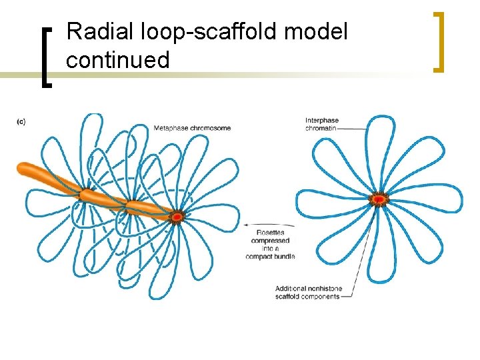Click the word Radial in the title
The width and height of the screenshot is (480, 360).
(97, 32)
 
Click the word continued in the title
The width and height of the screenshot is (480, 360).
(118, 61)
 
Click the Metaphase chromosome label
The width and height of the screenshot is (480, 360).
(192, 128)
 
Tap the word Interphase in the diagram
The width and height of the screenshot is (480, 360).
(322, 121)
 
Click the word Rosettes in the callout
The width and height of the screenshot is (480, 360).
(271, 233)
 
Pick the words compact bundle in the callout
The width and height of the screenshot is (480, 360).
(270, 256)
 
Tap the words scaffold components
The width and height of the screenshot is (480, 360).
(307, 297)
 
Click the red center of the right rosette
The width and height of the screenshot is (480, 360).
(379, 199)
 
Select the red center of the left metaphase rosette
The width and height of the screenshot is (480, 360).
(177, 217)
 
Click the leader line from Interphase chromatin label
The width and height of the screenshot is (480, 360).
(353, 127)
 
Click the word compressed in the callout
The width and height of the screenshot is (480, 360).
(270, 241)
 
